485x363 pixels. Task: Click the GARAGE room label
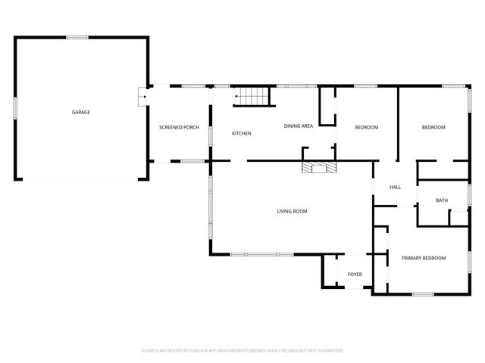click(x=81, y=112)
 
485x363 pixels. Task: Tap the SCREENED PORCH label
click(x=179, y=127)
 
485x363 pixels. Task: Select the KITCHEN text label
click(x=242, y=134)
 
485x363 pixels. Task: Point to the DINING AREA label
click(x=299, y=126)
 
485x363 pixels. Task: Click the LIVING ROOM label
click(x=292, y=211)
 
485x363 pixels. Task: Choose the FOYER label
click(x=355, y=274)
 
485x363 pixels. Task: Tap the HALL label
click(x=395, y=188)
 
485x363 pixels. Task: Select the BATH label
click(x=442, y=200)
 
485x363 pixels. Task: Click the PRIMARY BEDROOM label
click(x=424, y=258)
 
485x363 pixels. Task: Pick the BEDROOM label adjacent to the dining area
click(x=366, y=127)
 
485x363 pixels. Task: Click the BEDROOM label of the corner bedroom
click(x=433, y=127)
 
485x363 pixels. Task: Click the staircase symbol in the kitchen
click(x=251, y=97)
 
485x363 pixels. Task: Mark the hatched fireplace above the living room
click(x=318, y=167)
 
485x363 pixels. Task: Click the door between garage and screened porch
click(x=142, y=96)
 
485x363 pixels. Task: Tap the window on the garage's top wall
click(x=77, y=37)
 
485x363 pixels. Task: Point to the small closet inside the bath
click(x=458, y=216)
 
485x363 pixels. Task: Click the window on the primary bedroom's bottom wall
click(x=422, y=293)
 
